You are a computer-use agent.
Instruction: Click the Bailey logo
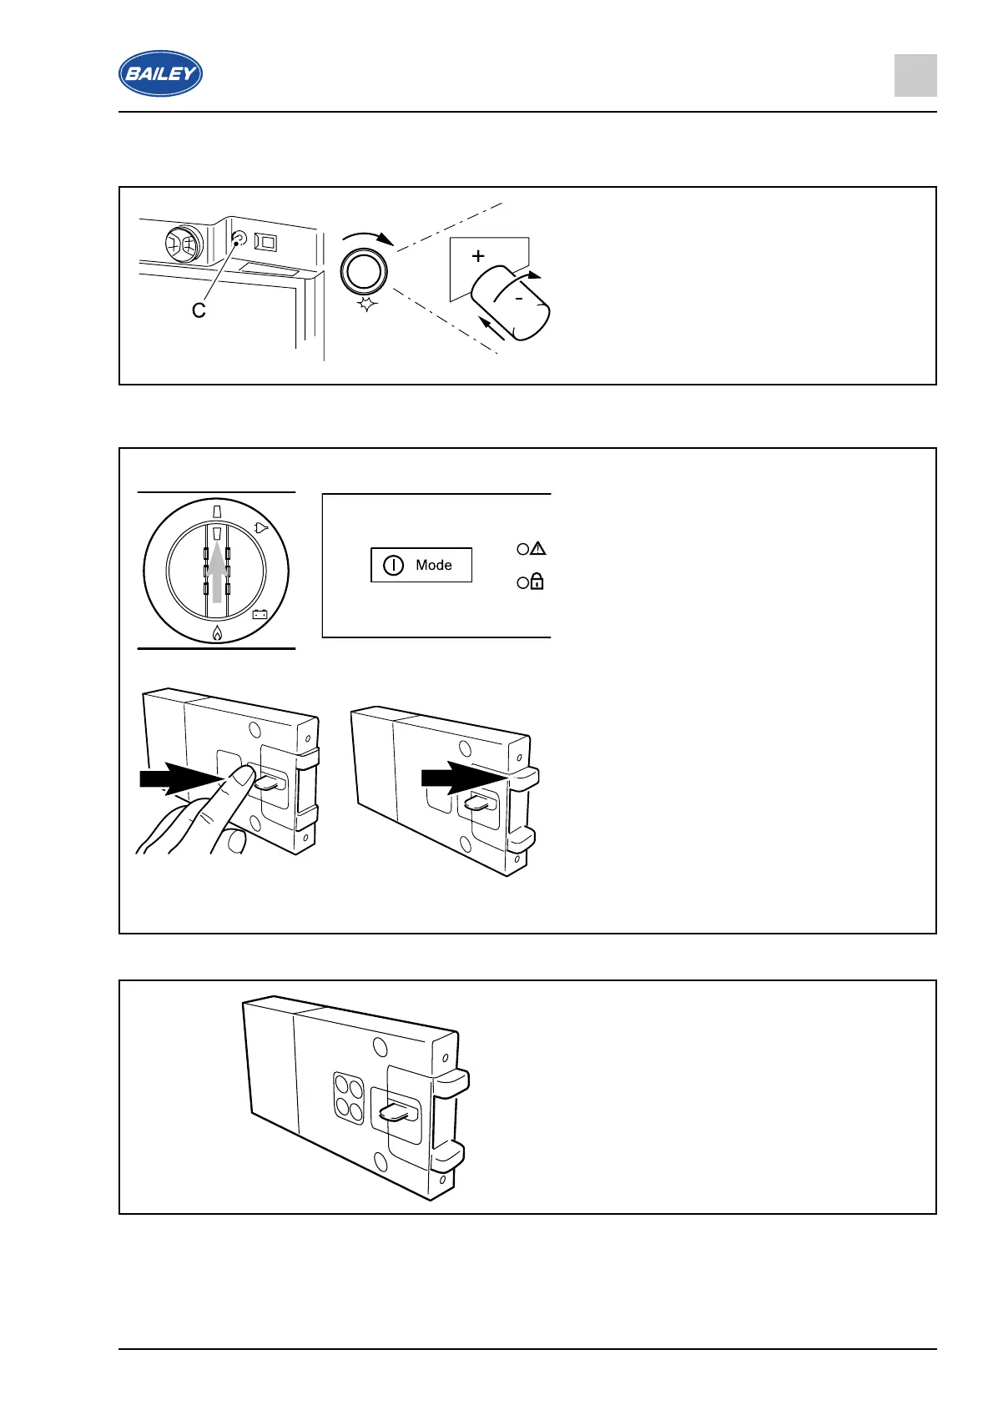point(160,73)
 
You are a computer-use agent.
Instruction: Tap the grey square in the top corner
point(915,76)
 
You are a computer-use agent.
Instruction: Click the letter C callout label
point(199,310)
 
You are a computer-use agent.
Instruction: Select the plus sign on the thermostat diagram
point(478,256)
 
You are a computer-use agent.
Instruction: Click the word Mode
point(434,565)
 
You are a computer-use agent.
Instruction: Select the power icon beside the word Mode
point(393,565)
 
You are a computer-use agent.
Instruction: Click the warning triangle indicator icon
point(538,548)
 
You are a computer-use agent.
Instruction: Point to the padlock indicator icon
point(537,582)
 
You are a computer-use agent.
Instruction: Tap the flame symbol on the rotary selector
point(217,632)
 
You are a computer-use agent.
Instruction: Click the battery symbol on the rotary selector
point(260,615)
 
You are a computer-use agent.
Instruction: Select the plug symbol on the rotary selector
point(261,527)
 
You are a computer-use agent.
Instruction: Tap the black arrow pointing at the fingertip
point(179,778)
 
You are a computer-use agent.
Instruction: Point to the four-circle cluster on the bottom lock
point(349,1097)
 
